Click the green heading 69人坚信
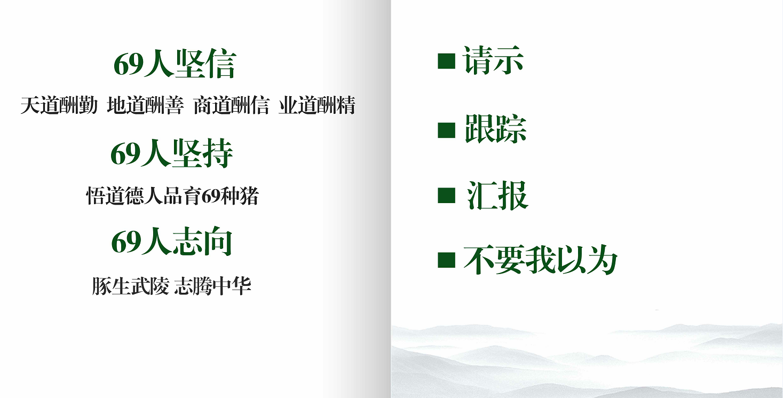175,64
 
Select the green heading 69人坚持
172,153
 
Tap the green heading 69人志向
172,241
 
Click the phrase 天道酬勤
59,105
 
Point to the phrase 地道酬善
145,105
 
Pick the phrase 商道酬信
231,105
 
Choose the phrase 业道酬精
317,105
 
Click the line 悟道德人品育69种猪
172,196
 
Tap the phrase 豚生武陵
130,286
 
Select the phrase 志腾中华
212,286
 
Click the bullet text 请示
493,60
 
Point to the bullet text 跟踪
495,129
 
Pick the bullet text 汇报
497,195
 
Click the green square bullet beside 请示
446,61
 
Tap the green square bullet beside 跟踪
446,130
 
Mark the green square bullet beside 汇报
446,195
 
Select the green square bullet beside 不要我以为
446,260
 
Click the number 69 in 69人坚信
129,65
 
